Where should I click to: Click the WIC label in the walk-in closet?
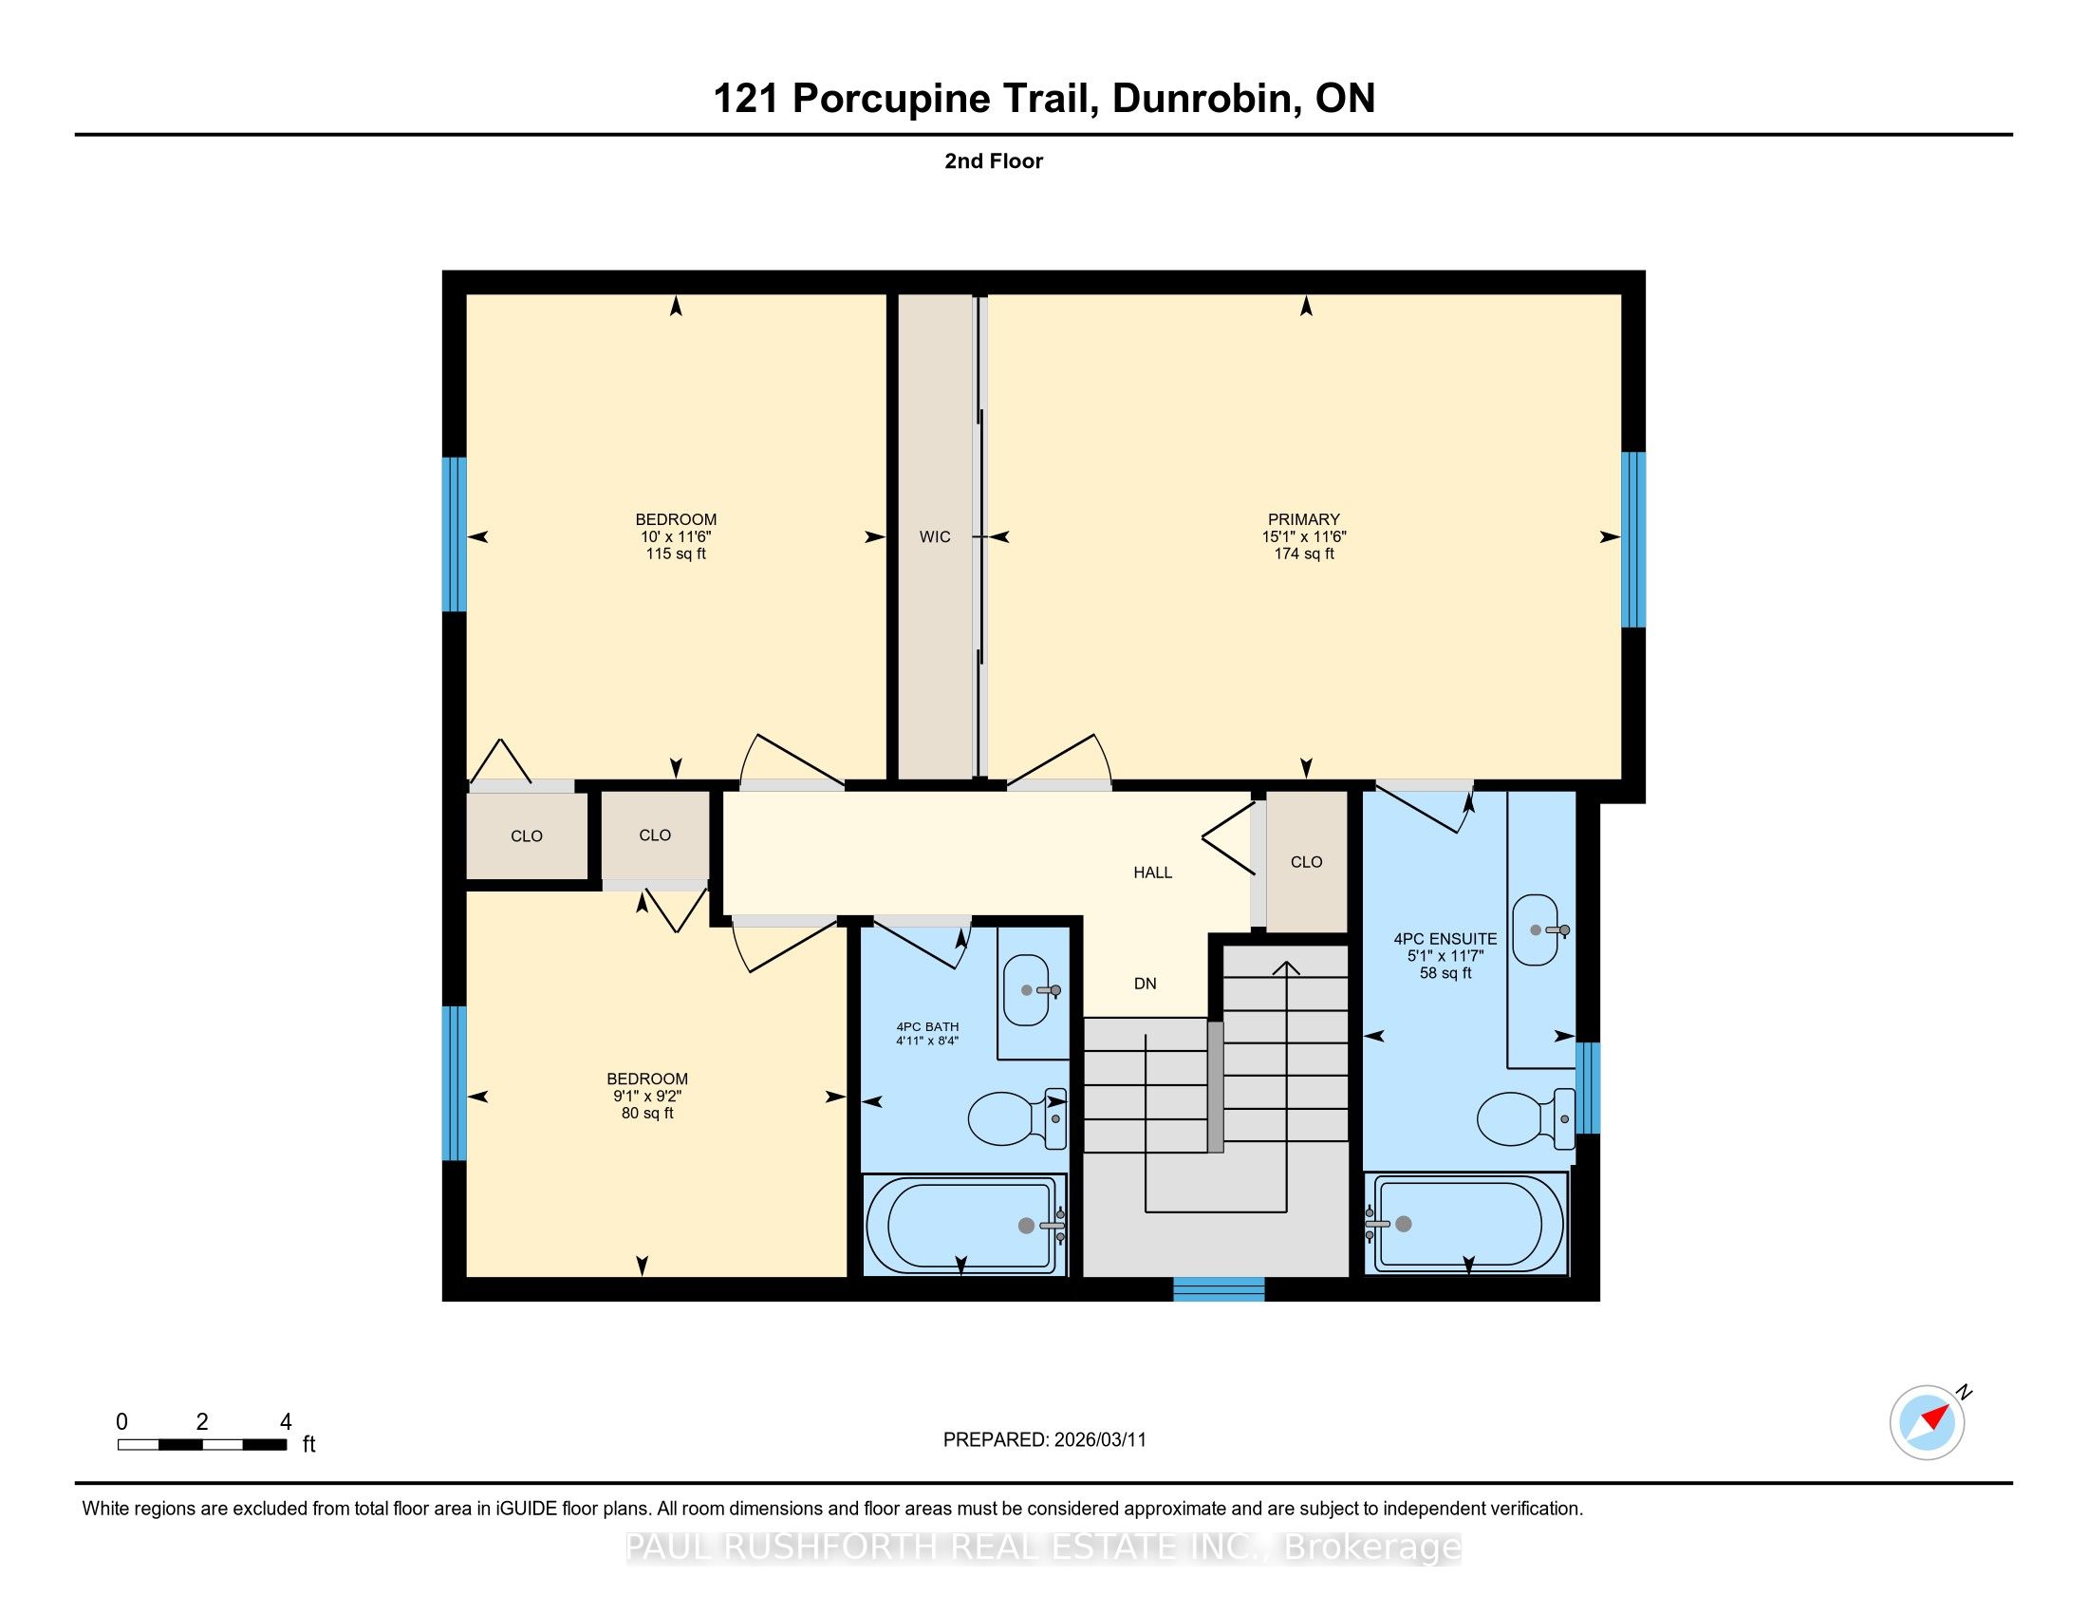[935, 536]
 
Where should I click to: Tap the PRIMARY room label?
[1304, 519]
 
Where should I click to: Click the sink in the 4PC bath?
[1031, 989]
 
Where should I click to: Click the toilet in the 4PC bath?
[1017, 1117]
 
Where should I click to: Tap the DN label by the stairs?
[1146, 983]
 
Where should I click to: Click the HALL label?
[1152, 872]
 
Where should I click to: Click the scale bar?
[202, 1445]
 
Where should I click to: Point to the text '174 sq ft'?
[1304, 554]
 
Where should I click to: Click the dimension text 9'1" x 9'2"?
[647, 1096]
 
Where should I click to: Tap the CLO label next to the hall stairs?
[1306, 861]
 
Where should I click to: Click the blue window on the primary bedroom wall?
[1633, 539]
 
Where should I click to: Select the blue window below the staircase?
[1219, 1289]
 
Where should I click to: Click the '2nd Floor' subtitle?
[994, 160]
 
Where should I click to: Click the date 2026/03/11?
[1099, 1440]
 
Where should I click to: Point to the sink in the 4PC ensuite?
[1538, 929]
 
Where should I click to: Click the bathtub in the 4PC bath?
[964, 1225]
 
